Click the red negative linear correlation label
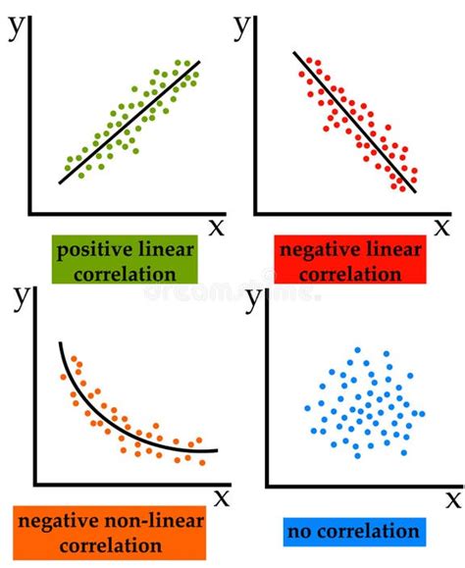point(350,261)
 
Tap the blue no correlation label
point(353,533)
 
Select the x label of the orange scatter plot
point(222,497)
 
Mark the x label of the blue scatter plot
point(453,498)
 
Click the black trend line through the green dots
point(129,122)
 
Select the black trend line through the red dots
point(354,122)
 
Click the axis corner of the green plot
point(31,212)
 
